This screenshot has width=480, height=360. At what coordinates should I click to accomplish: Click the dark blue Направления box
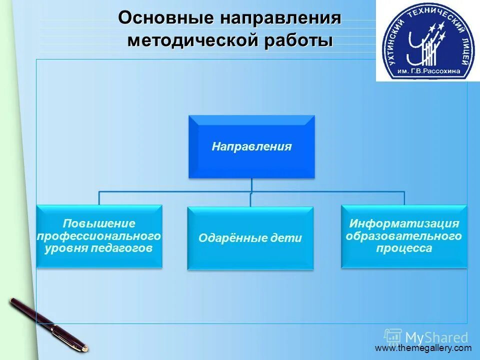coord(251,146)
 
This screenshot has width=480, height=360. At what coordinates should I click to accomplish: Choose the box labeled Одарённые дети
coord(250,238)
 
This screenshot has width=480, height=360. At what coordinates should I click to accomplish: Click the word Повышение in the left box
coord(99,223)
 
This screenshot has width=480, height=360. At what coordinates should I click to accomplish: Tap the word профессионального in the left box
coord(99,235)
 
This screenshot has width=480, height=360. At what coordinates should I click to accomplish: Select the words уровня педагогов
coord(99,248)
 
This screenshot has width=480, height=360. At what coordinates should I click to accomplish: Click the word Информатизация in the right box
coord(404,223)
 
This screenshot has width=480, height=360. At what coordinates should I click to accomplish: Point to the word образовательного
coord(404,235)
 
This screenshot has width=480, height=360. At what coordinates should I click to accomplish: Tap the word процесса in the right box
coord(404,248)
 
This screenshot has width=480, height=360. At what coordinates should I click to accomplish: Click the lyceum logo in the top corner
coord(427,41)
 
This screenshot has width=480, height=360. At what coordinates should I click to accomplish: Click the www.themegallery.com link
coord(423,348)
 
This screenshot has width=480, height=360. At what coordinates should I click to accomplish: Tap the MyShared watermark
coord(426,336)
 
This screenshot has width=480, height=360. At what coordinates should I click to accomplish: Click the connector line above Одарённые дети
coord(250,199)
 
